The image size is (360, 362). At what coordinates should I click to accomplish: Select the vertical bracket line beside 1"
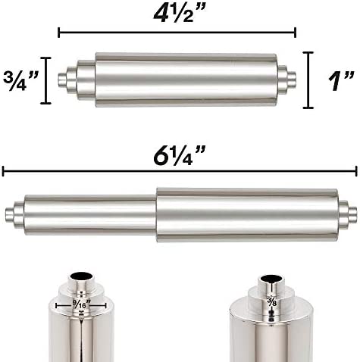(308, 80)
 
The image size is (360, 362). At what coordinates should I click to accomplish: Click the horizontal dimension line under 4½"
(176, 33)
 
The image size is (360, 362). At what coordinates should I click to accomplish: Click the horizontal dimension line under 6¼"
(180, 172)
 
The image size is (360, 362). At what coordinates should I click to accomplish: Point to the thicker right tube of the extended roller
(246, 215)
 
